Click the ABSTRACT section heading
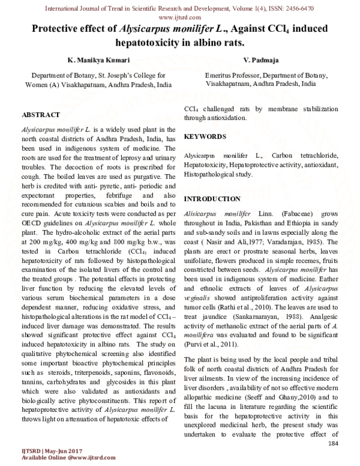[40, 114]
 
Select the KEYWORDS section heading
[205, 137]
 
